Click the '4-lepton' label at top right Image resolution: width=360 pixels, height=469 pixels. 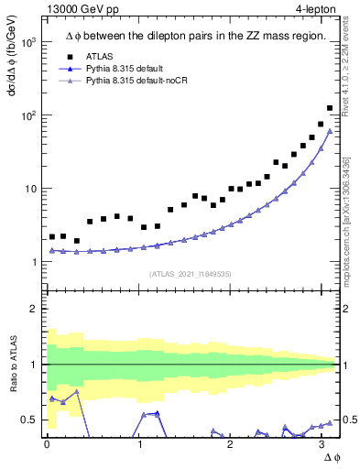pyautogui.click(x=317, y=10)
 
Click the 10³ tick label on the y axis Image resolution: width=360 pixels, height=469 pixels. pyautogui.click(x=27, y=43)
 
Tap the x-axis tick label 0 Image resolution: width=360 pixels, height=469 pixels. pyautogui.click(x=47, y=444)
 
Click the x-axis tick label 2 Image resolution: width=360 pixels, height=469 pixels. pyautogui.click(x=230, y=444)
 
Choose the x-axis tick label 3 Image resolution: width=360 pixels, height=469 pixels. pyautogui.click(x=322, y=444)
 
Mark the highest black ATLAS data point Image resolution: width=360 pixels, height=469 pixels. pyautogui.click(x=330, y=108)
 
